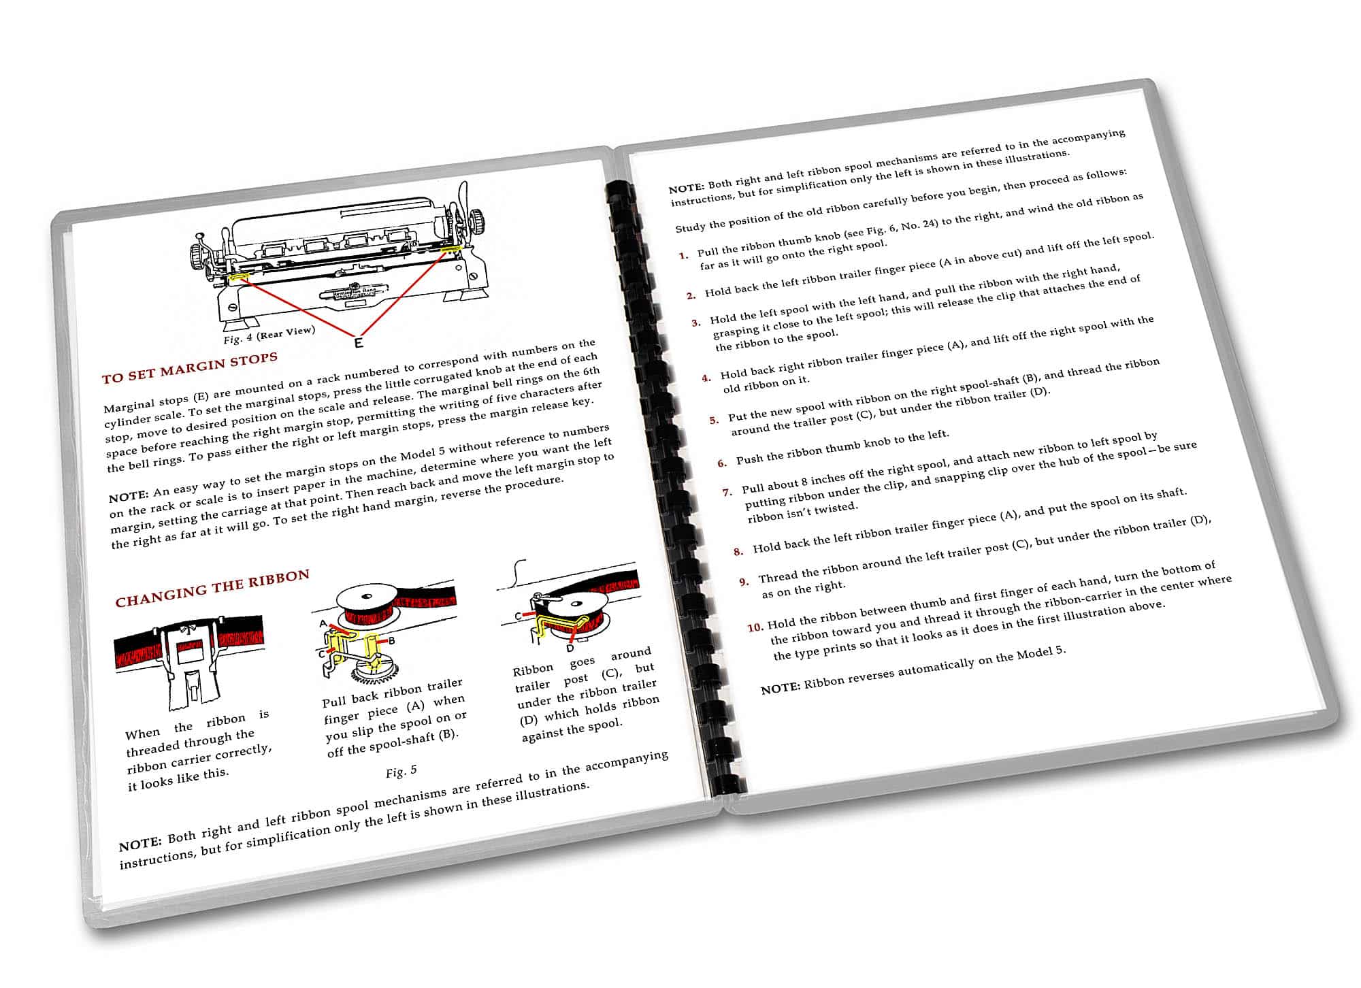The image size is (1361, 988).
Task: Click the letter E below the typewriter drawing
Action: pyautogui.click(x=359, y=342)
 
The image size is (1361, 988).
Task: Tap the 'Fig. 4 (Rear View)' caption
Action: pyautogui.click(x=269, y=334)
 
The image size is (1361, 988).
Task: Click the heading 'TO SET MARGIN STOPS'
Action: pyautogui.click(x=190, y=367)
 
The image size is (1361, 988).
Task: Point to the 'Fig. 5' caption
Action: pyautogui.click(x=401, y=772)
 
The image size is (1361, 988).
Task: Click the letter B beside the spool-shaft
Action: pyautogui.click(x=391, y=640)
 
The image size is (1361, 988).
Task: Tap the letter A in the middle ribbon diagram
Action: pyautogui.click(x=323, y=623)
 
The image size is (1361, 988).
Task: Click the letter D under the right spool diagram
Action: pyautogui.click(x=570, y=648)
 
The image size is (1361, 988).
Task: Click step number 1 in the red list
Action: pyautogui.click(x=684, y=256)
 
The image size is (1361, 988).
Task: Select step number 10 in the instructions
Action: pyautogui.click(x=755, y=627)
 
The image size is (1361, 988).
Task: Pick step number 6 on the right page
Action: pyautogui.click(x=722, y=463)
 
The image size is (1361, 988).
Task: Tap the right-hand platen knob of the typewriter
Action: pyautogui.click(x=478, y=221)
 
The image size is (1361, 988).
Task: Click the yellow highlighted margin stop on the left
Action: pyautogui.click(x=237, y=277)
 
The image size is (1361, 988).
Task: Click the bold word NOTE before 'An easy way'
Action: pyautogui.click(x=128, y=496)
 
